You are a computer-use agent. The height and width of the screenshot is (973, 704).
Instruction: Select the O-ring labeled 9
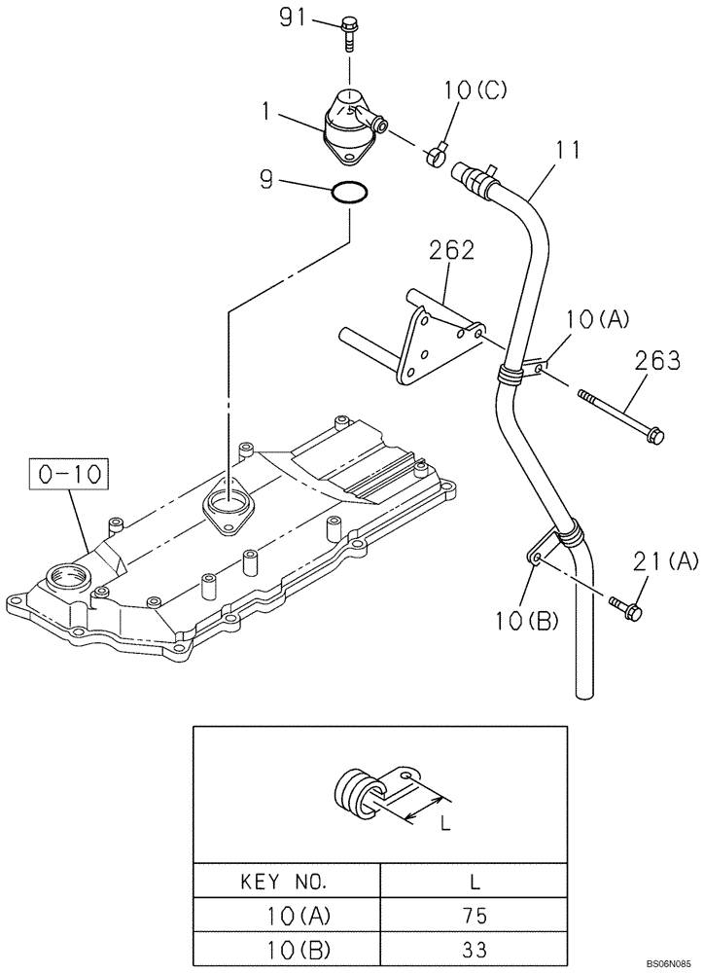coord(349,194)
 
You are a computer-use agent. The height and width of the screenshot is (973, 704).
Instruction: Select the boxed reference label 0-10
coord(68,475)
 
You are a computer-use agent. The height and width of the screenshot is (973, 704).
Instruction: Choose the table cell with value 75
coord(475,916)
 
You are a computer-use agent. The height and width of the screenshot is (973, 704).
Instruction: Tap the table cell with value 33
coord(475,949)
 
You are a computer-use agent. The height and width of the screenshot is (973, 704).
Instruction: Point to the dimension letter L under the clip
coord(444,823)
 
